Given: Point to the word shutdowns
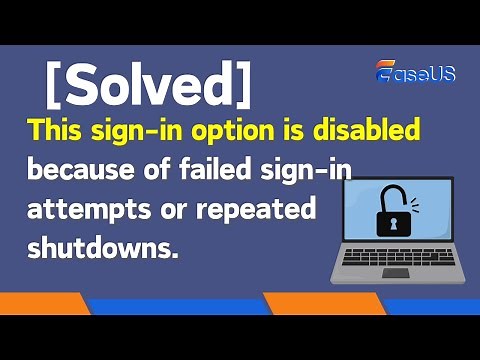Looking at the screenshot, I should point(103,248).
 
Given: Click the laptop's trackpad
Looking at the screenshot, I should point(395,272).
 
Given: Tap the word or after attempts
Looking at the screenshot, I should point(177,211).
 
